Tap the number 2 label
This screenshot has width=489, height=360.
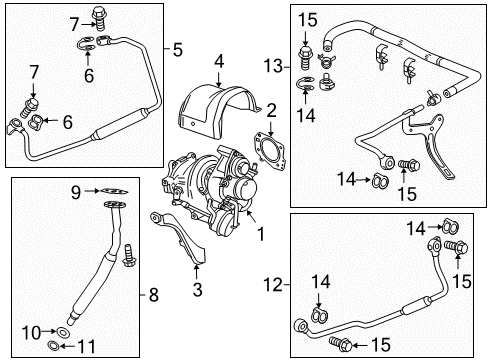click(269, 109)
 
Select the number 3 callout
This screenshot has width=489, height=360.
click(196, 291)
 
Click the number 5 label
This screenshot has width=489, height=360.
click(178, 47)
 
